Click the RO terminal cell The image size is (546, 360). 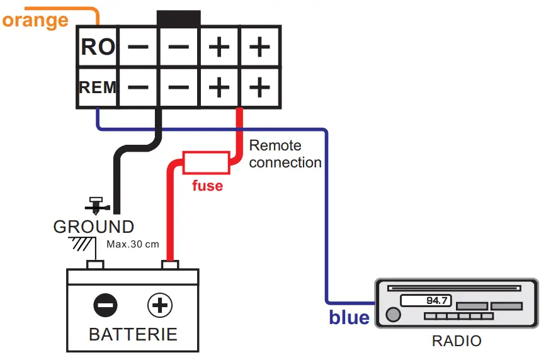pyautogui.click(x=97, y=47)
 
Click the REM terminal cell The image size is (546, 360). pyautogui.click(x=97, y=87)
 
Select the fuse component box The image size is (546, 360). pyautogui.click(x=206, y=162)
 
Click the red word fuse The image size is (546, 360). pyautogui.click(x=207, y=186)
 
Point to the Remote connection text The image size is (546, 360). pyautogui.click(x=285, y=154)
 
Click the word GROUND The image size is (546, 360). pyautogui.click(x=93, y=227)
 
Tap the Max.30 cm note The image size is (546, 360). pyautogui.click(x=132, y=244)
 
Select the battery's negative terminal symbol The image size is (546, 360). pyautogui.click(x=105, y=306)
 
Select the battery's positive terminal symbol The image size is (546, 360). pyautogui.click(x=160, y=306)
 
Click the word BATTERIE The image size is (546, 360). pyautogui.click(x=133, y=334)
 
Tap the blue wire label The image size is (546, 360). pyautogui.click(x=349, y=317)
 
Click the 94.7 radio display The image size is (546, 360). pyautogui.click(x=423, y=301)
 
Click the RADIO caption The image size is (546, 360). pyautogui.click(x=456, y=342)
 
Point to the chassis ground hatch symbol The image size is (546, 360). pyautogui.click(x=81, y=243)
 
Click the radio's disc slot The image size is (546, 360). pyautogui.click(x=455, y=288)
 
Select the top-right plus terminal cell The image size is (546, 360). pyautogui.click(x=259, y=47)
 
